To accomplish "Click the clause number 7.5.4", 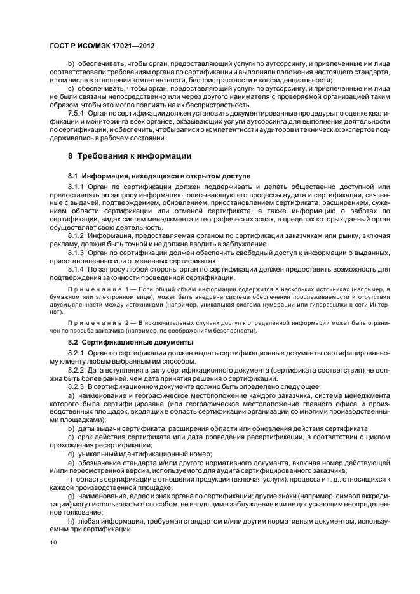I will pyautogui.click(x=78, y=113).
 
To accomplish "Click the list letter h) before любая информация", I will pyautogui.click(x=71, y=520).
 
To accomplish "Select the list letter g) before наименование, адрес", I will pyautogui.click(x=71, y=494).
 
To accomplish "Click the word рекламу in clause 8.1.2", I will pyautogui.click(x=65, y=244).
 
